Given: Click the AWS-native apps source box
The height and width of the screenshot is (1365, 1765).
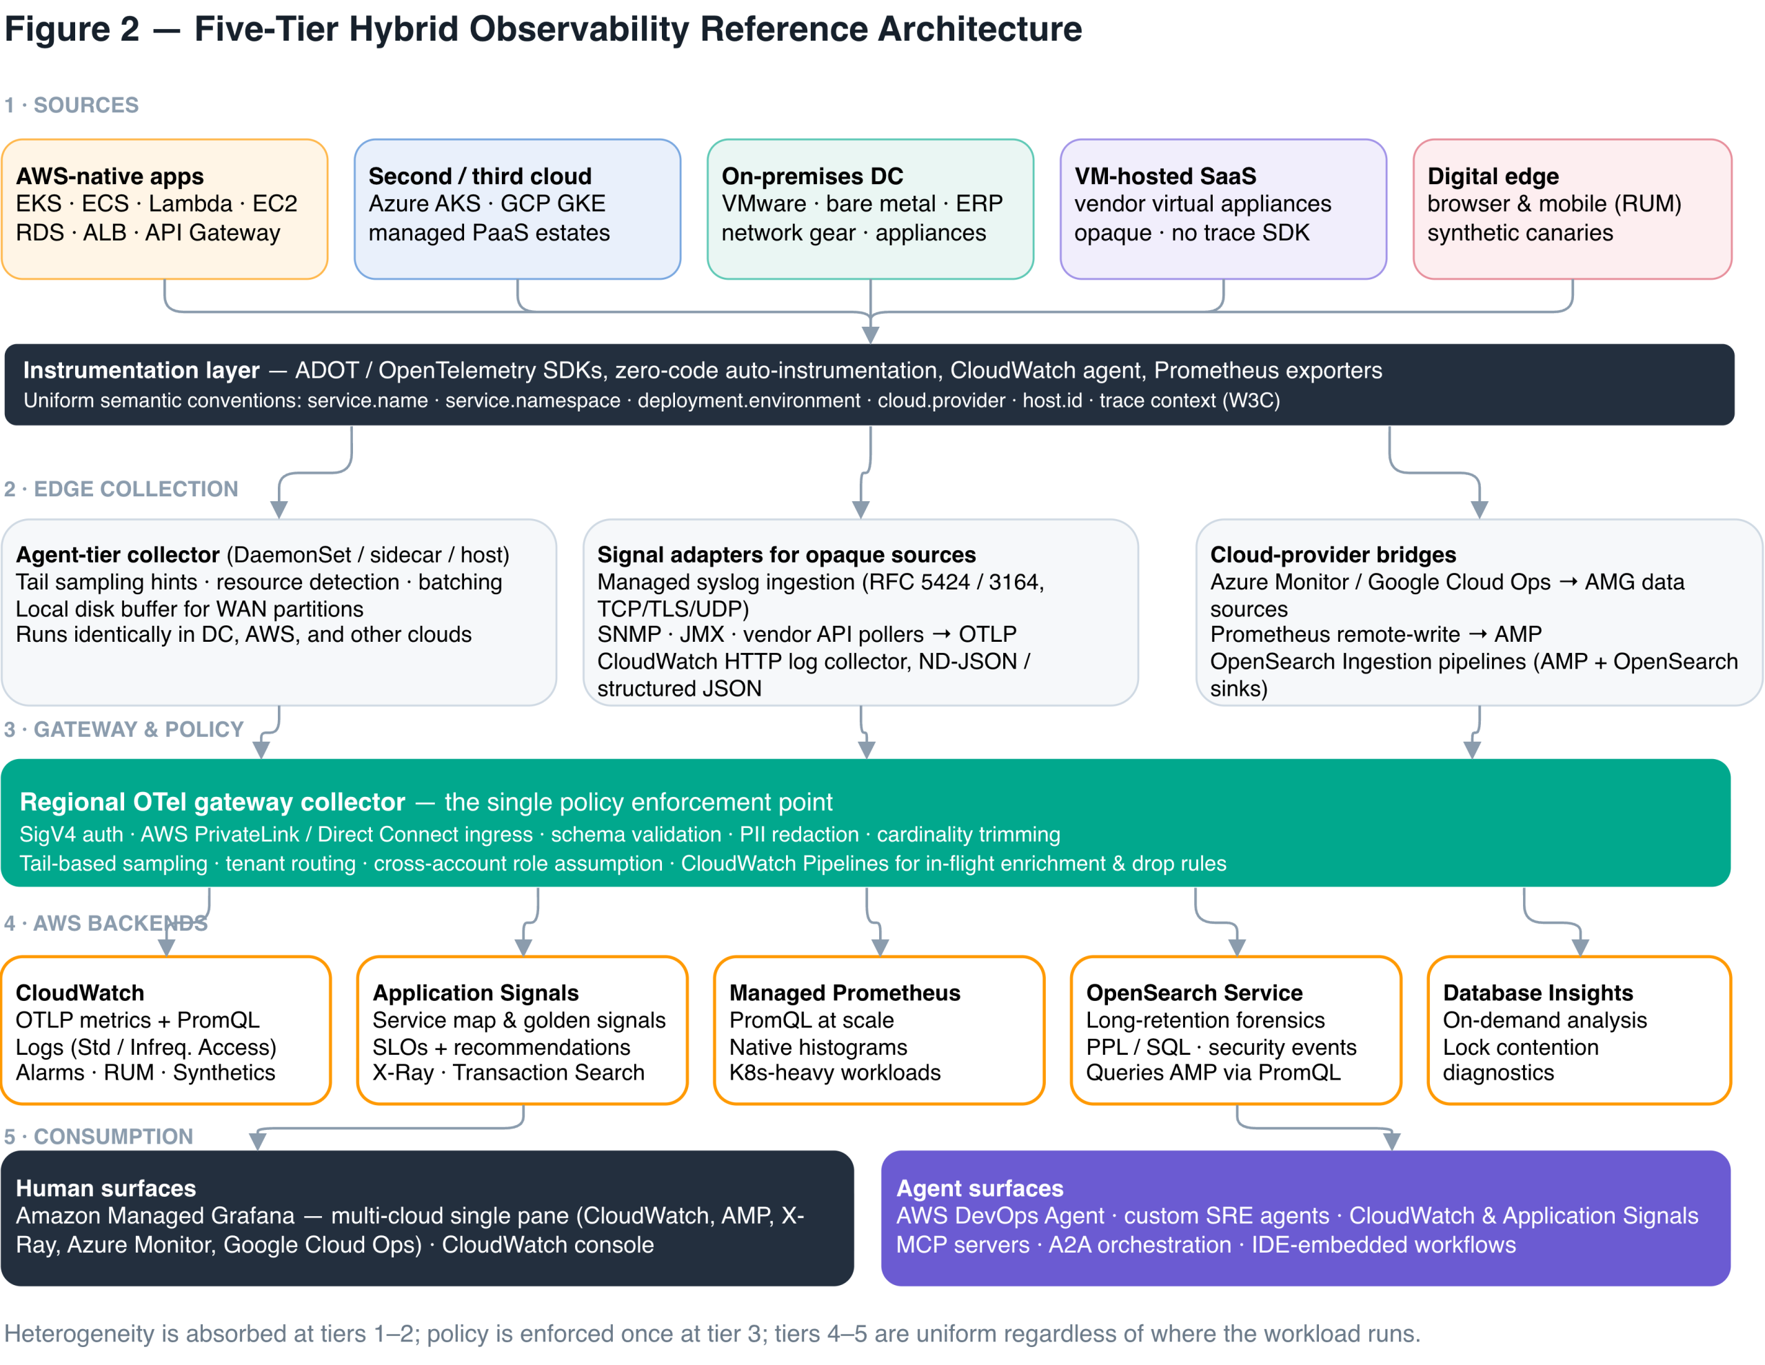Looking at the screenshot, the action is click(165, 210).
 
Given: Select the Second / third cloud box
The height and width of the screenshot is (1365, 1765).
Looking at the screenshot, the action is click(517, 210).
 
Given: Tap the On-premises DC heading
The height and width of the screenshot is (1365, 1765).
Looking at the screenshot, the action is click(812, 176).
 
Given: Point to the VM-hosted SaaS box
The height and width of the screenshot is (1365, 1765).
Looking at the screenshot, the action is click(1224, 210).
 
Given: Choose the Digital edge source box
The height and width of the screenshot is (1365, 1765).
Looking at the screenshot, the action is click(1573, 210).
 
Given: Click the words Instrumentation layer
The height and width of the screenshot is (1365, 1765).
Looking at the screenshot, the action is click(141, 370).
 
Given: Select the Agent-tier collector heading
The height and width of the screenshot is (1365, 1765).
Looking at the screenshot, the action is click(118, 554).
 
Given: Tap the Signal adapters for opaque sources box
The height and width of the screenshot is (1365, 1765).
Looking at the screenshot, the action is click(860, 613).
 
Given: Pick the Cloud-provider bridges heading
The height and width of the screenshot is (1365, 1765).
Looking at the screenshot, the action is click(1333, 554).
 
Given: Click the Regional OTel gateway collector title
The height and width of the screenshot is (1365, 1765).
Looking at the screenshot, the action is click(212, 802).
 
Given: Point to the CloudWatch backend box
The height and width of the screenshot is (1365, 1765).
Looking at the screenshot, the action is click(166, 1031).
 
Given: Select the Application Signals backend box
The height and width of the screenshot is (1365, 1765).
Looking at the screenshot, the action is click(523, 1031).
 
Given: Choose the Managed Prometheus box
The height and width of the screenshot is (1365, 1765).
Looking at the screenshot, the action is click(879, 1031).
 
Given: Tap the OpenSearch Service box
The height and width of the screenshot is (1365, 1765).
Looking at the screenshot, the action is click(1236, 1031).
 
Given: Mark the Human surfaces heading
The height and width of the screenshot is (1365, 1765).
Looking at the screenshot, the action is click(106, 1188).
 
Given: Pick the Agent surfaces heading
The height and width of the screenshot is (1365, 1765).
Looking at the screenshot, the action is click(980, 1188).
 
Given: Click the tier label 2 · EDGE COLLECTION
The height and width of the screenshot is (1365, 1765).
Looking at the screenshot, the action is click(121, 489).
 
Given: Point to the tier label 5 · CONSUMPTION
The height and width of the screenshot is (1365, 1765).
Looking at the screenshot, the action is click(99, 1136).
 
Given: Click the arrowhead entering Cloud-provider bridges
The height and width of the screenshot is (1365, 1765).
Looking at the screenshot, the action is click(1480, 510).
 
